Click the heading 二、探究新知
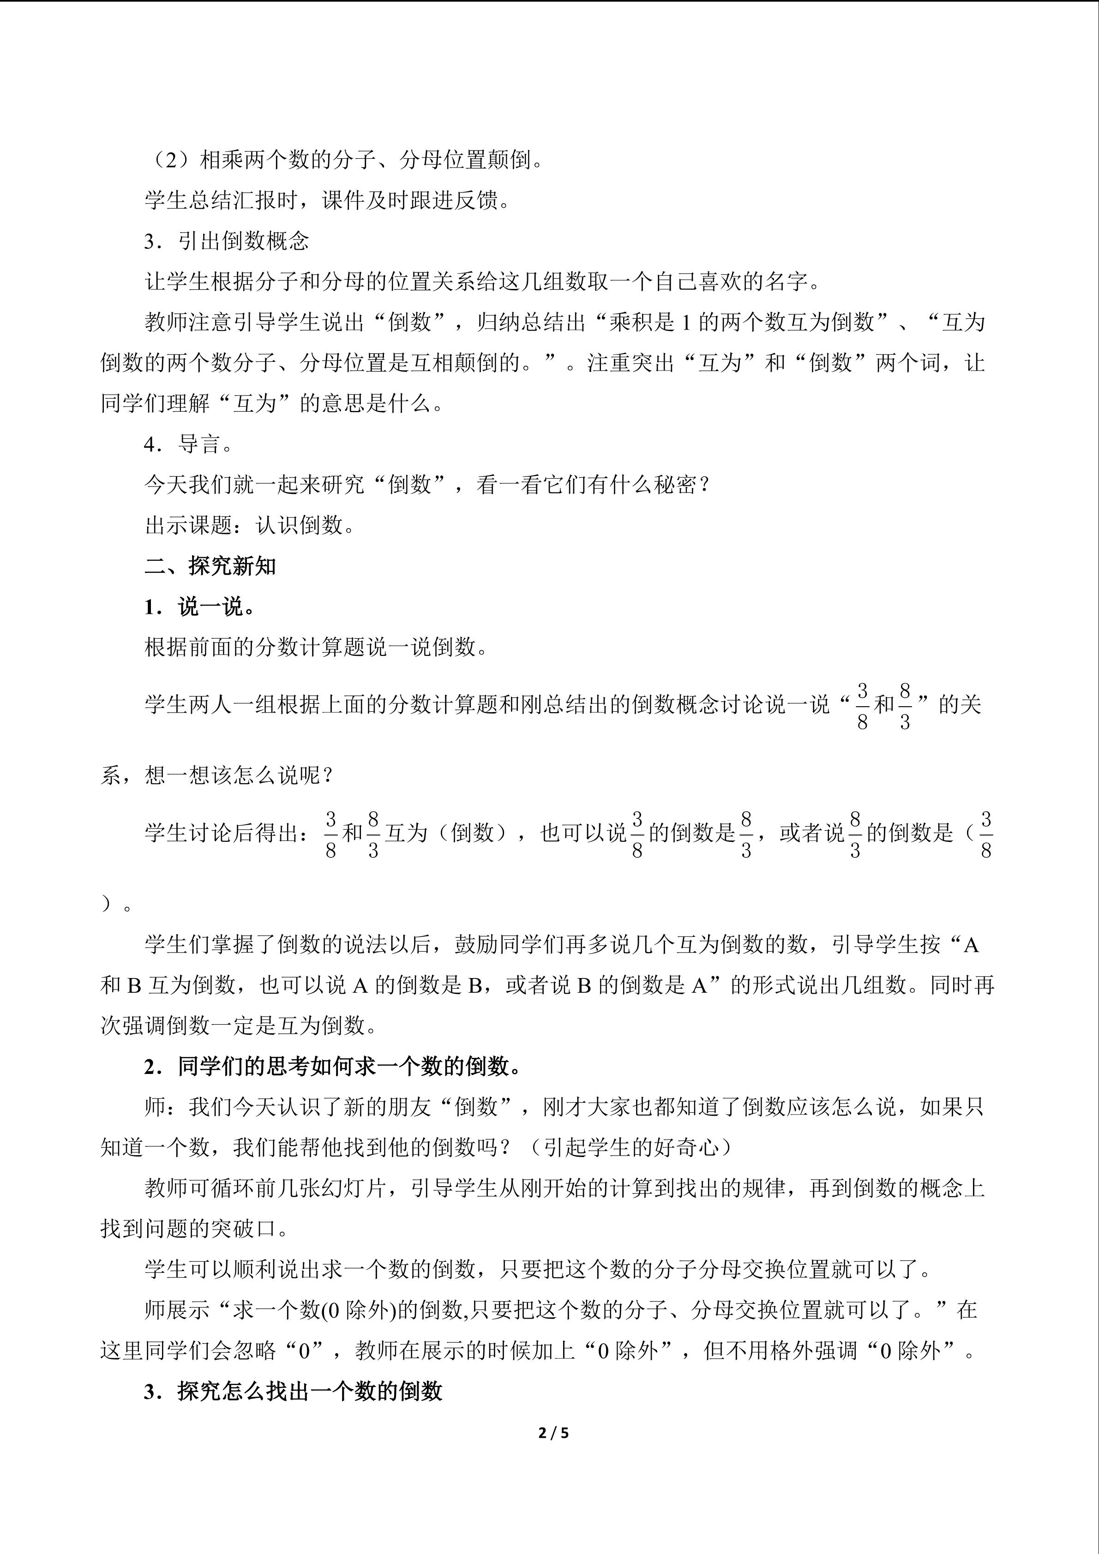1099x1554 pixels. coord(210,566)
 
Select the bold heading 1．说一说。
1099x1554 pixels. coord(200,606)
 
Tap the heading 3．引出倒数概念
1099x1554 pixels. coord(226,241)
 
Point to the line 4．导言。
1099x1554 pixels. coord(188,444)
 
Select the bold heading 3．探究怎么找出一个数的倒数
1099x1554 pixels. coord(293,1392)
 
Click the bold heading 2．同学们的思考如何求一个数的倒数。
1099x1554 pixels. coord(333,1067)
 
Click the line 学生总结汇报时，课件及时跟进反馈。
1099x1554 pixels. coord(328,200)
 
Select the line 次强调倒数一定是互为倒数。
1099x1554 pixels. coord(239,1026)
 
